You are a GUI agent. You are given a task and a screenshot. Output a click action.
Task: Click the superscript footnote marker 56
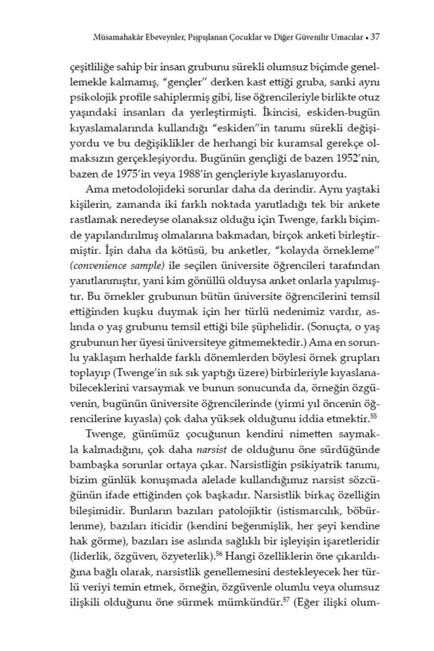[x=219, y=553]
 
